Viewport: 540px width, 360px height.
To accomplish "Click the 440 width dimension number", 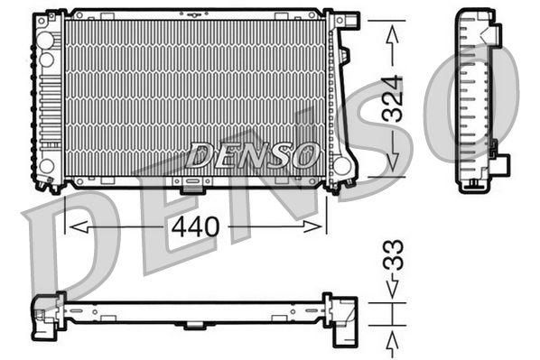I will coord(194,226).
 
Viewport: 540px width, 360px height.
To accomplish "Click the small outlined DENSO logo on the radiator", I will coord(254,155).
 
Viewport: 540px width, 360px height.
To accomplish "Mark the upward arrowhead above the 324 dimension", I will coord(392,33).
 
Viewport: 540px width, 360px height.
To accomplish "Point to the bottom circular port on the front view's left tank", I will coord(46,166).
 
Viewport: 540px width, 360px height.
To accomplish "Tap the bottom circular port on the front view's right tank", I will coord(341,166).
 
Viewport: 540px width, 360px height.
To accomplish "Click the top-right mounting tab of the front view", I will coord(347,20).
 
